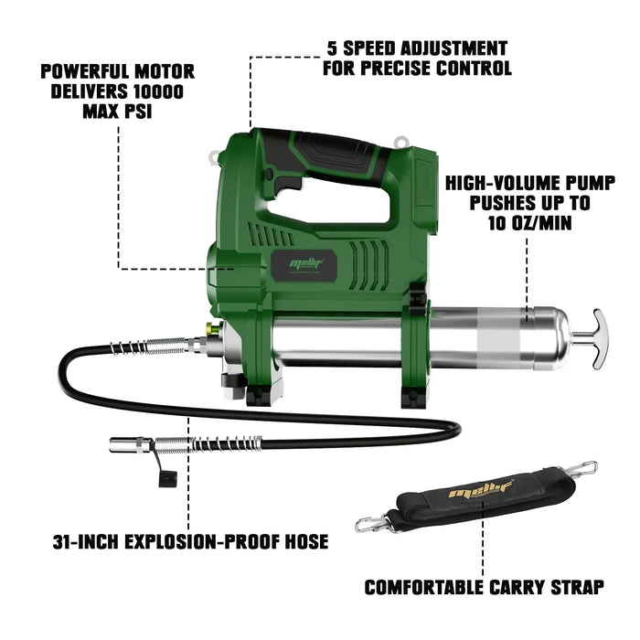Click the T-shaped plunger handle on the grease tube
point(599,339)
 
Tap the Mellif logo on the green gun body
point(306,263)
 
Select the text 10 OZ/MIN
point(529,223)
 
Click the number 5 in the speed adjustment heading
point(333,48)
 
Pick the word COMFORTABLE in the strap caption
point(423,587)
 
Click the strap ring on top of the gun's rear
point(400,142)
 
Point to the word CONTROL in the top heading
point(474,68)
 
